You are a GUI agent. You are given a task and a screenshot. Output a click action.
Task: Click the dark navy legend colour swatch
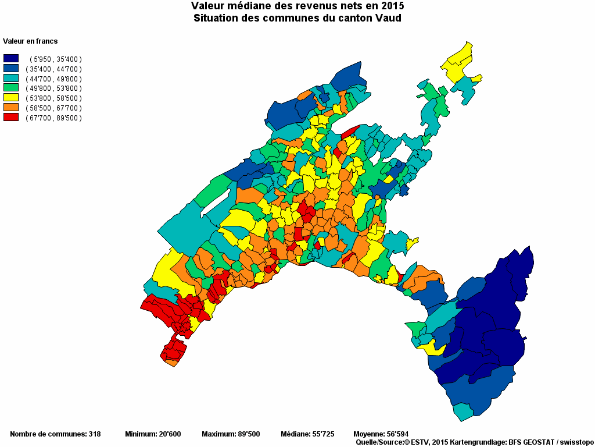point(11,58)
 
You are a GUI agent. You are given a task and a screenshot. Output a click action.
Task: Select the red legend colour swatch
point(11,118)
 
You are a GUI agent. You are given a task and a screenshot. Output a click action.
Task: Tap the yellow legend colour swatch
point(11,98)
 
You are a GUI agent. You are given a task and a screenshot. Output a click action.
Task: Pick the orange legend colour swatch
point(11,108)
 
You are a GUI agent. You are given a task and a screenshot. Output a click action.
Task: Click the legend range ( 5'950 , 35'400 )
point(55,59)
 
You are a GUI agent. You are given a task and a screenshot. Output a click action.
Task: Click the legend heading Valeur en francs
point(30,41)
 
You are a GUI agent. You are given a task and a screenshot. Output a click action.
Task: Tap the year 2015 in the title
point(392,6)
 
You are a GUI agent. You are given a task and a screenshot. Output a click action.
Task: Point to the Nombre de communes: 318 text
point(55,434)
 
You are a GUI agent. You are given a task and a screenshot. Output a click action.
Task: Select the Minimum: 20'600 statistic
point(153,434)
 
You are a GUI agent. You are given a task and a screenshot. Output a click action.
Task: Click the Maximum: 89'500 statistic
point(231,434)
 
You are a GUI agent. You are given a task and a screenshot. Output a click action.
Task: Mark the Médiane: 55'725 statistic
point(307,434)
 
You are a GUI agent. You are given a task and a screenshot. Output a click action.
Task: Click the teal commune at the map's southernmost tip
point(463,411)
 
